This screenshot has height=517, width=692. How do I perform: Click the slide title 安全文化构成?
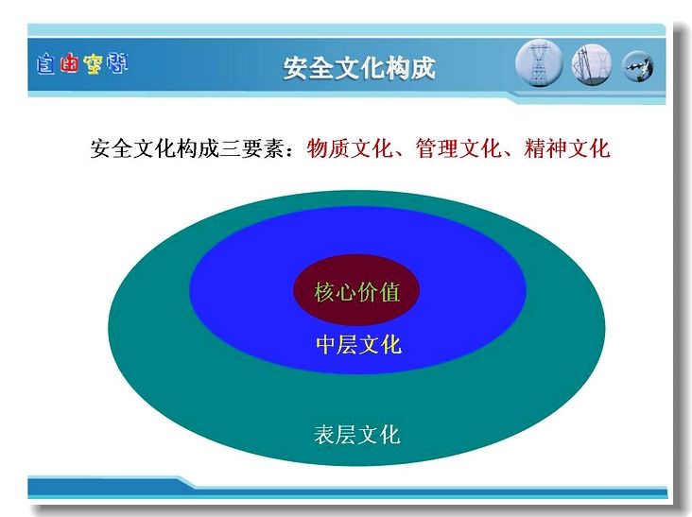pyautogui.click(x=359, y=68)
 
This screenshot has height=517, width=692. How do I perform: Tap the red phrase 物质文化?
pyautogui.click(x=350, y=148)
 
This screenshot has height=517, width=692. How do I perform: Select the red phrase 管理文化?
pyautogui.click(x=458, y=148)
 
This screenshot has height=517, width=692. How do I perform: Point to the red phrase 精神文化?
pyautogui.click(x=567, y=148)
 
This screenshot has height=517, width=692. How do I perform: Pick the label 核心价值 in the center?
pyautogui.click(x=356, y=292)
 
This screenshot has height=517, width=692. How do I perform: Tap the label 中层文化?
pyautogui.click(x=358, y=345)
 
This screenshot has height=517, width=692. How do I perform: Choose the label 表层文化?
pyautogui.click(x=357, y=435)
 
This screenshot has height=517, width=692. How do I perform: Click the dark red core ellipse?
pyautogui.click(x=356, y=290)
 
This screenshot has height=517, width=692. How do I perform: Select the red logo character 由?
pyautogui.click(x=69, y=63)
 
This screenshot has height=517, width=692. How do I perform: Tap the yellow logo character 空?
pyautogui.click(x=93, y=64)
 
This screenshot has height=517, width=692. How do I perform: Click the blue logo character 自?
pyautogui.click(x=45, y=64)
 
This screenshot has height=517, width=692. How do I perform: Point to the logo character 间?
pyautogui.click(x=116, y=63)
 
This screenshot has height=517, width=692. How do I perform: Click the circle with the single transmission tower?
pyautogui.click(x=539, y=63)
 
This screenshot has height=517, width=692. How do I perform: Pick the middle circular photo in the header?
pyautogui.click(x=592, y=64)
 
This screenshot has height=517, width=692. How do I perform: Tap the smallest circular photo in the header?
pyautogui.click(x=638, y=66)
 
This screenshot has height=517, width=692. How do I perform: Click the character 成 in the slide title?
pyautogui.click(x=424, y=68)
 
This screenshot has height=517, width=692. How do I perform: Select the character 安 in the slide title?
pyautogui.click(x=295, y=68)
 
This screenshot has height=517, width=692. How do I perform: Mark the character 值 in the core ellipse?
pyautogui.click(x=389, y=292)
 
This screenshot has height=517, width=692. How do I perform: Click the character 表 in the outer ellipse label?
pyautogui.click(x=324, y=435)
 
